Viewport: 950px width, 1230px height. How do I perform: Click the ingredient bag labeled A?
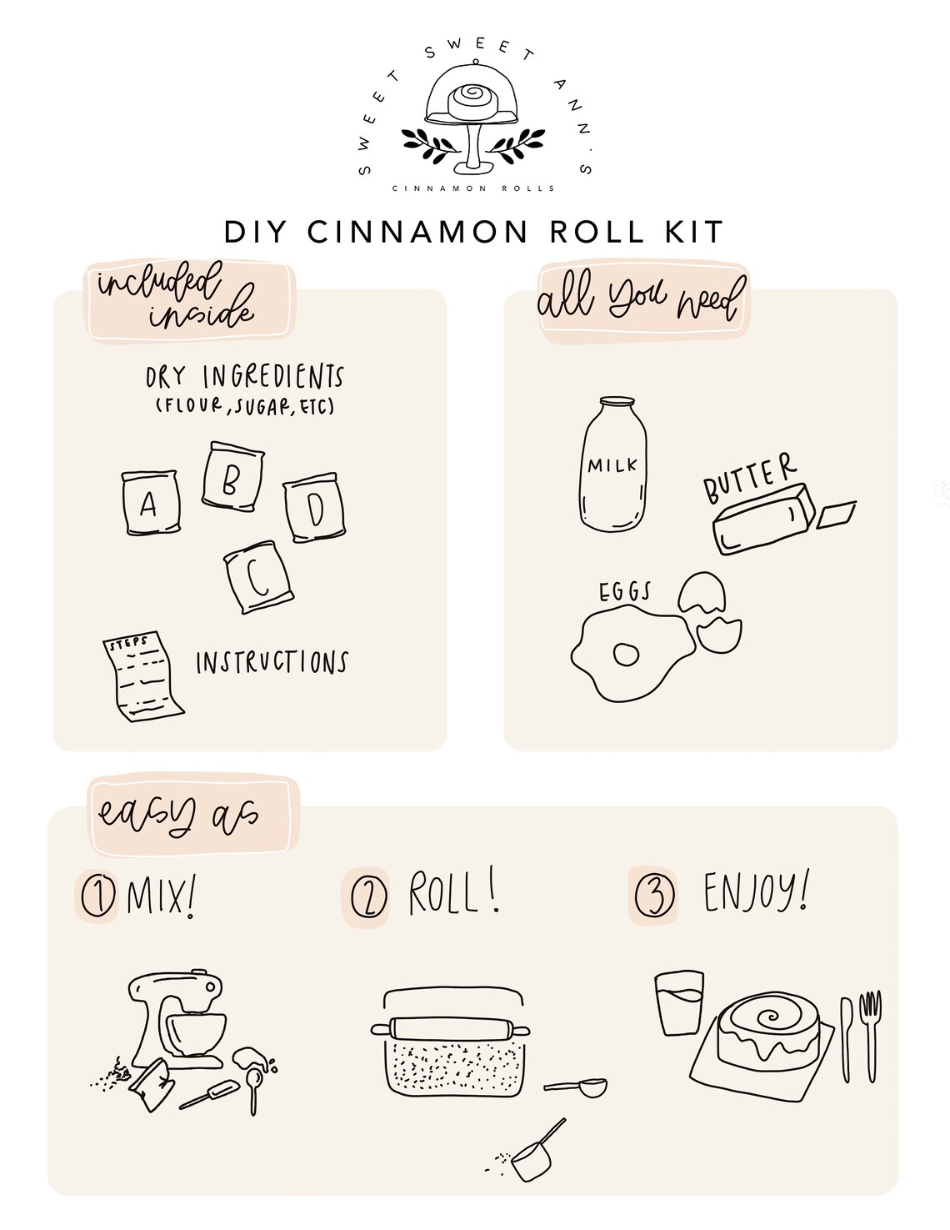[x=149, y=502]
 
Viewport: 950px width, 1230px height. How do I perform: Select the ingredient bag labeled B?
[x=232, y=477]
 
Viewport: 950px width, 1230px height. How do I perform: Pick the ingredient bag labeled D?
[x=314, y=510]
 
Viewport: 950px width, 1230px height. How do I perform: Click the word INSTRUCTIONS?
[x=271, y=663]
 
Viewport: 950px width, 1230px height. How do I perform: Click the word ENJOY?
[x=755, y=893]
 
